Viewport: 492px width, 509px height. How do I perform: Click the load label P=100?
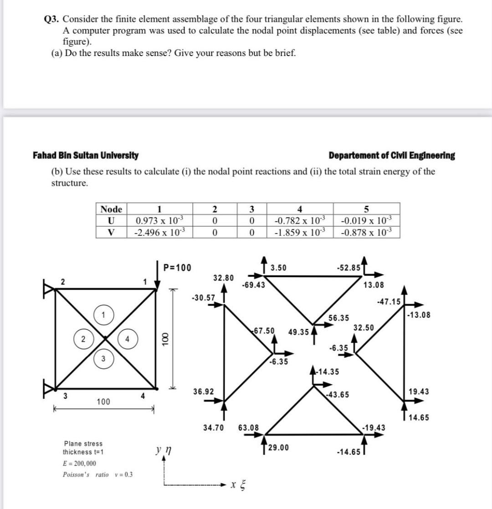178,267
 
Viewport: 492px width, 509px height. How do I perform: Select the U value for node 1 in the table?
159,221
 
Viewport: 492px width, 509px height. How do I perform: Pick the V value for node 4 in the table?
300,232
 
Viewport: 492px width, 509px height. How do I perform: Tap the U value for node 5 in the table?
367,221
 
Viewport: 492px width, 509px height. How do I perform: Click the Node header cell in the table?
111,209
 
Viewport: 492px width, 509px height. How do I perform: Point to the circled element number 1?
103,315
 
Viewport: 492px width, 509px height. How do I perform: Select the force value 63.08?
248,428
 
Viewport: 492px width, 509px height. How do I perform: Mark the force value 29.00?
279,448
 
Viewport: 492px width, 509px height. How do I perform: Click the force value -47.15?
388,301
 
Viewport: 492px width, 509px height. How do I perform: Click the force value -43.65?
338,395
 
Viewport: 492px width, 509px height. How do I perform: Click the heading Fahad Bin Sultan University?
86,156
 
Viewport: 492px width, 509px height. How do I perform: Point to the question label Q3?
52,19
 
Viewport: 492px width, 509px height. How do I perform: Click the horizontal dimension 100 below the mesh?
103,402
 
